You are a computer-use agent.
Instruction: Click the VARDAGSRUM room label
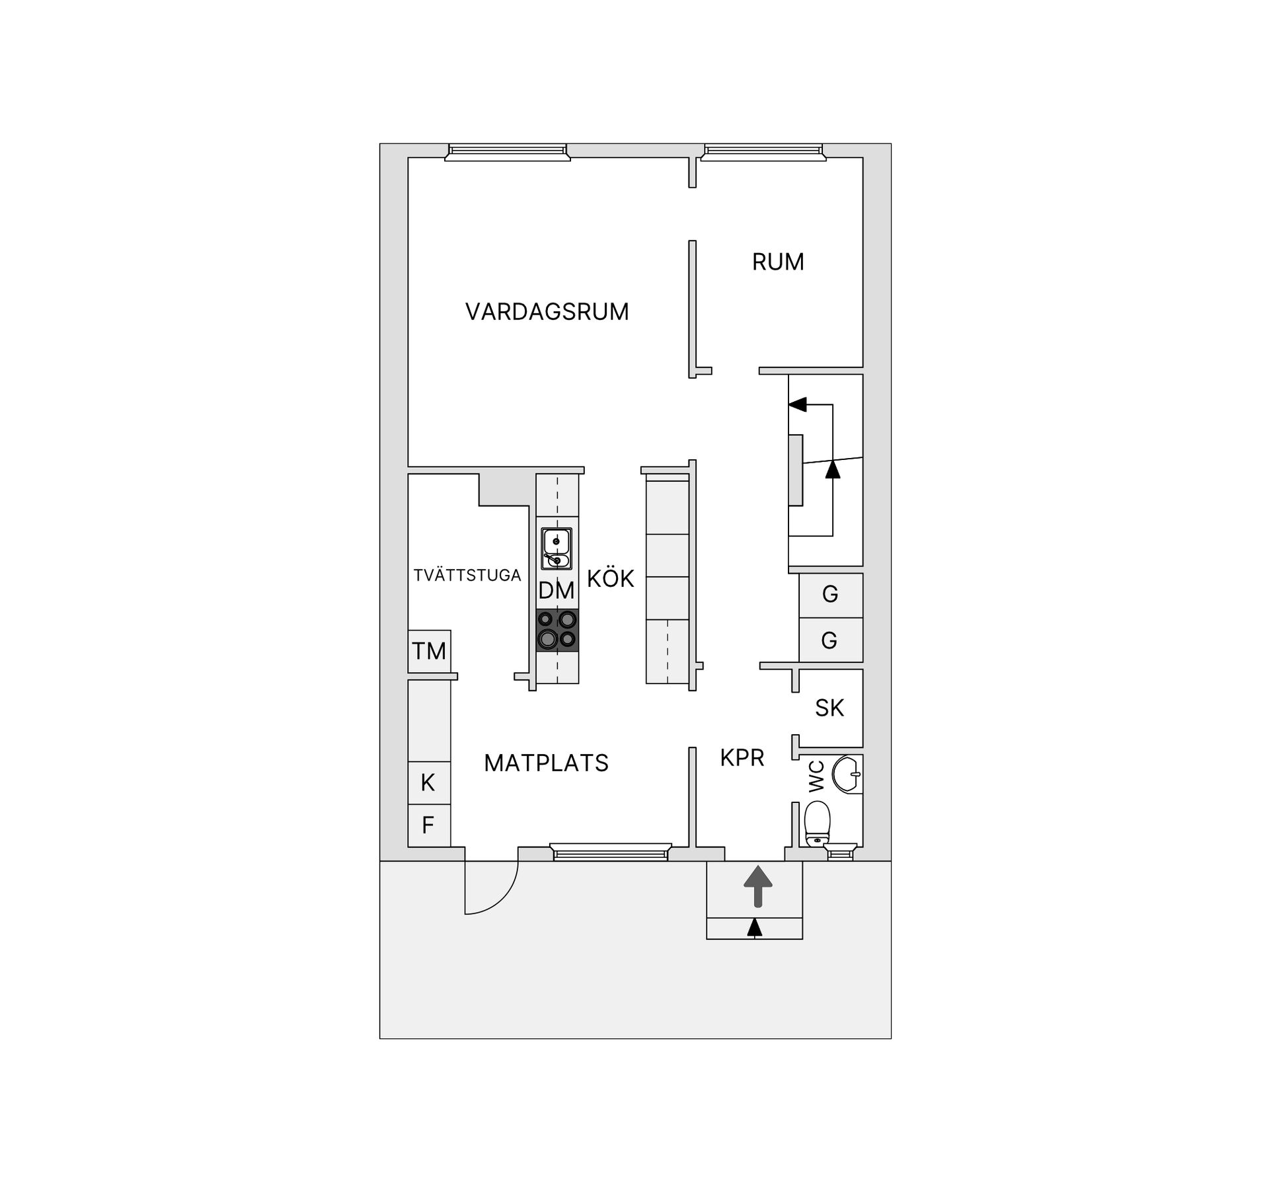point(547,312)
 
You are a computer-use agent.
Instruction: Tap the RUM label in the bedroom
point(778,262)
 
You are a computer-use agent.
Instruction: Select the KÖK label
point(610,579)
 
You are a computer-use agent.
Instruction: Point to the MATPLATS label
point(546,763)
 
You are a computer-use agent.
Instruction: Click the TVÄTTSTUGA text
point(467,576)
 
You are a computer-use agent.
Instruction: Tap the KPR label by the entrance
point(742,758)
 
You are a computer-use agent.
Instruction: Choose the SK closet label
point(829,708)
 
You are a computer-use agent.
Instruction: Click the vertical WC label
point(817,777)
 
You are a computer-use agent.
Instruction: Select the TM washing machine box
point(430,652)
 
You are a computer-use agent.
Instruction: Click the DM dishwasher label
point(557,591)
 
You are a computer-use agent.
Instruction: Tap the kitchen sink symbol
point(557,549)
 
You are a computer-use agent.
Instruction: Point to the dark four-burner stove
point(557,630)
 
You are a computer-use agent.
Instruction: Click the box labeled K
point(429,783)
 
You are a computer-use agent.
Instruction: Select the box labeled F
point(429,825)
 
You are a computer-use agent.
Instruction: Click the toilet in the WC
point(818,823)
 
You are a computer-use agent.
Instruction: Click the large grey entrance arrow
point(758,886)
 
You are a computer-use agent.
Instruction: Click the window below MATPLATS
point(611,853)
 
